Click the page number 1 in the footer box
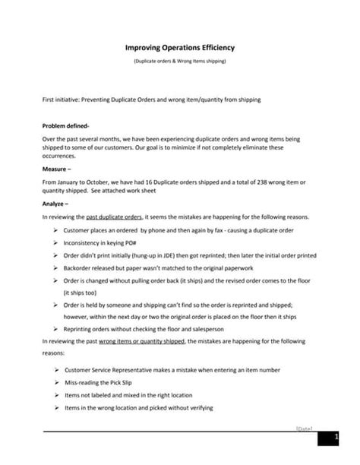click(x=335, y=438)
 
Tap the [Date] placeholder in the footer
click(x=304, y=429)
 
